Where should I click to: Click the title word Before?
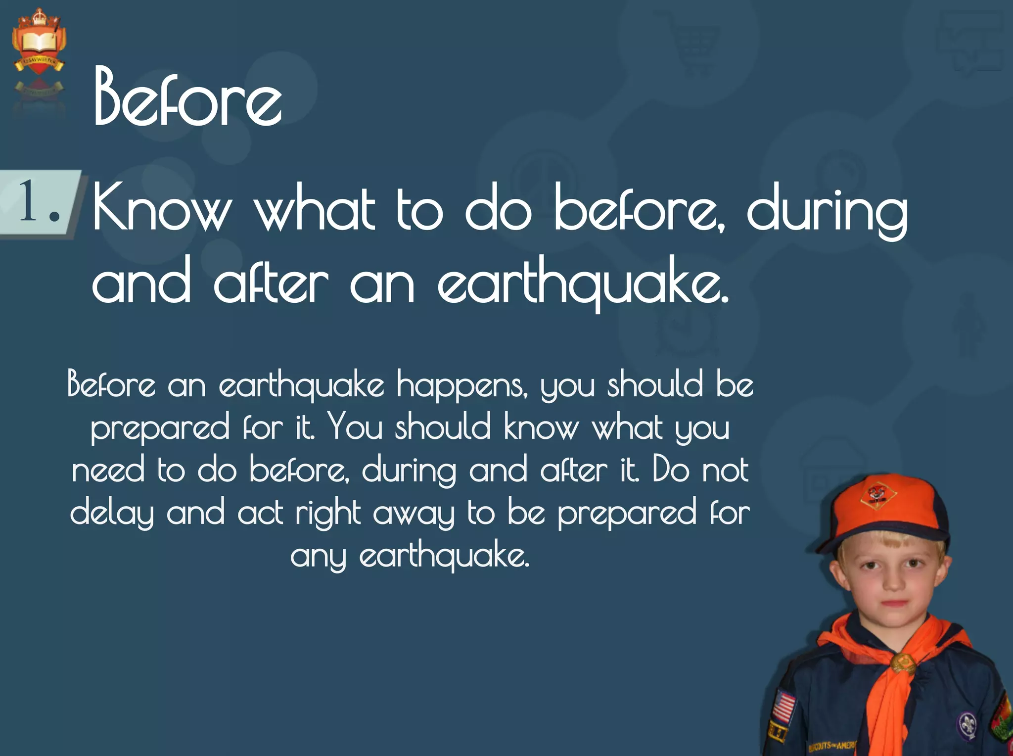[x=188, y=97]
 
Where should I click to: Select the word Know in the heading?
[x=162, y=208]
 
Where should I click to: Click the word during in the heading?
[x=827, y=210]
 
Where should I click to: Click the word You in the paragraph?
[x=356, y=426]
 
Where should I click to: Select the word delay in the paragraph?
[x=112, y=514]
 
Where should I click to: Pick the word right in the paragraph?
[x=328, y=514]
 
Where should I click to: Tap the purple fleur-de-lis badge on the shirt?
[x=967, y=725]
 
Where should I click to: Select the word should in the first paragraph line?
[x=655, y=384]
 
